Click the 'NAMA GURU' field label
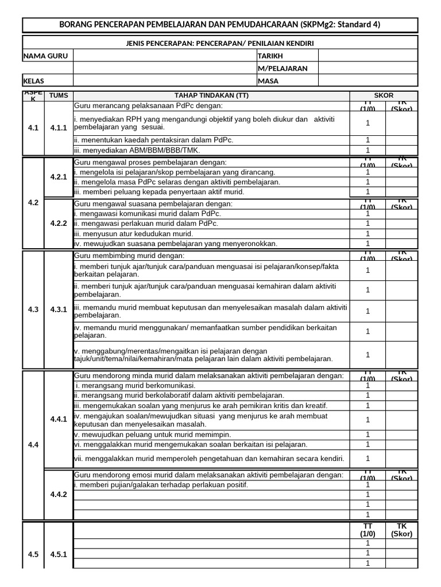42,56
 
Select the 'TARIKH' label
271,56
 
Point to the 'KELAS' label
34,81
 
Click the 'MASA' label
268,81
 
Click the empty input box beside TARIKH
368,56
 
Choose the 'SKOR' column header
384,95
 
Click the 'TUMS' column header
59,95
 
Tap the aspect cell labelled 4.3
33,310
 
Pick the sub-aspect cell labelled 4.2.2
59,224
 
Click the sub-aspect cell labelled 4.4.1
59,420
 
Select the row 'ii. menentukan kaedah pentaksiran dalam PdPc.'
154,140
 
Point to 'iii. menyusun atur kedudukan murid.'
133,234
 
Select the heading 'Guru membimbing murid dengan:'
129,255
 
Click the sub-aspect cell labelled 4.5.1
59,554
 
